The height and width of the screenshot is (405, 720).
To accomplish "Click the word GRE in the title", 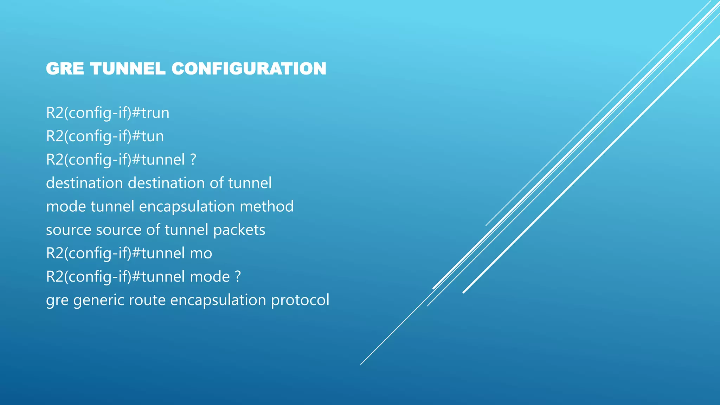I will point(65,69).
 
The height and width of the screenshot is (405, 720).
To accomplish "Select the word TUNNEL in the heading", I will point(128,69).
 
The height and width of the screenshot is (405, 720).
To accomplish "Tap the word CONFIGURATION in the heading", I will point(249,69).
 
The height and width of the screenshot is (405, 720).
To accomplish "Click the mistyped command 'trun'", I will point(155,113).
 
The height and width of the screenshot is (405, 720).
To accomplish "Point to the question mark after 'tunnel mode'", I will point(238,277).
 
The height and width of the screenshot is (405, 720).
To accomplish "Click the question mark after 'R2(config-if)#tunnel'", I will point(193,160).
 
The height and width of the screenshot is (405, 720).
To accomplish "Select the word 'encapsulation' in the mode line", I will point(187,207).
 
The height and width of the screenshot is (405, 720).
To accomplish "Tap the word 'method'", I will point(266,207).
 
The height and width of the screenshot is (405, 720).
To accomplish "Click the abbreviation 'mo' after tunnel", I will point(201,253).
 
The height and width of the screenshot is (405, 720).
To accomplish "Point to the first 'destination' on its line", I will point(84,183).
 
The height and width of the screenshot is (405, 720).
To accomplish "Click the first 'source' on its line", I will point(69,230).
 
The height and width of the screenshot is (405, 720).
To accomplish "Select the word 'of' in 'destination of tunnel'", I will point(217,183).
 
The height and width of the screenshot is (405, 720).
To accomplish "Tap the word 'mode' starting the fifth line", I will point(66,207).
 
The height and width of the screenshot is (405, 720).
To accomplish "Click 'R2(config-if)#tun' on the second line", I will point(105,136).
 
